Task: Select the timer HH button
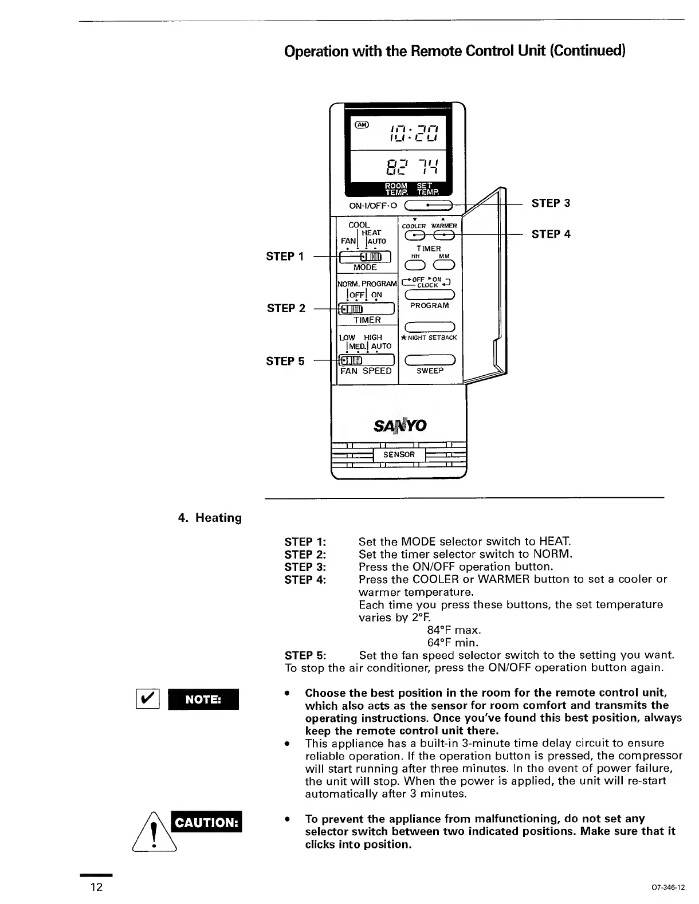414,265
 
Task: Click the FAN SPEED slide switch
367,360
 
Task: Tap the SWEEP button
430,360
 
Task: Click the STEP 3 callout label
551,203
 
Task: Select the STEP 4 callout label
551,234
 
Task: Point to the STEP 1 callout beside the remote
285,257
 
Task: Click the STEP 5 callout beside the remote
285,361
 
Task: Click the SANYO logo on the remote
400,425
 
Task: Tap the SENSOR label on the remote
399,455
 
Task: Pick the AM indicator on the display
363,124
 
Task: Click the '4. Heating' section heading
210,518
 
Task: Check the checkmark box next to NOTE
146,699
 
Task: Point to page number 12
96,887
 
